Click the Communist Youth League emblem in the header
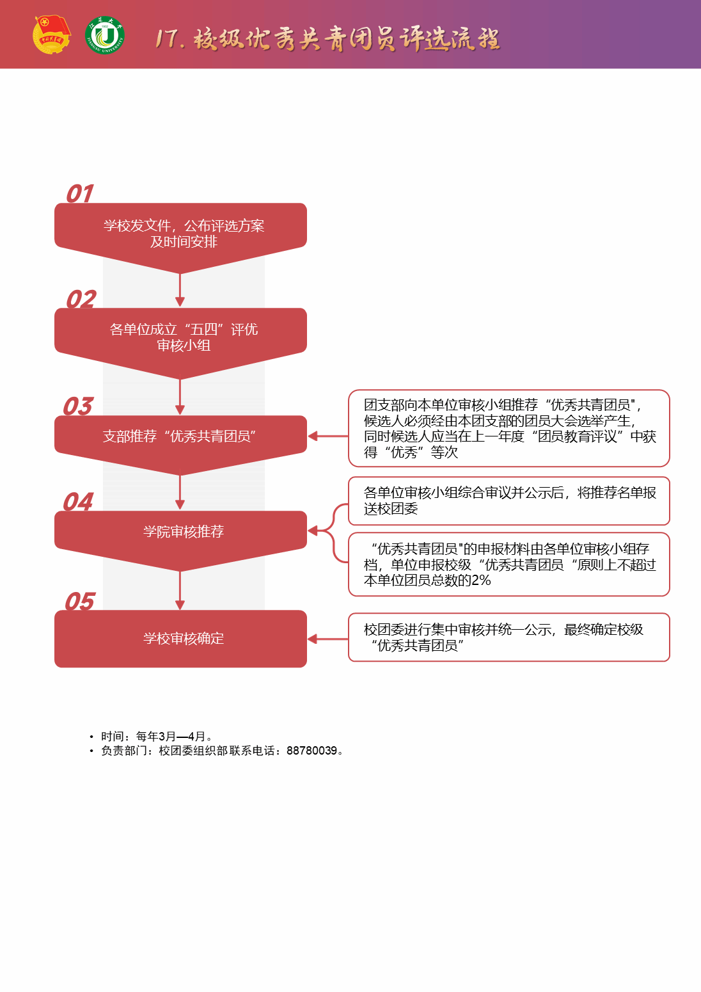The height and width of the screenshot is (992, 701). coord(51,35)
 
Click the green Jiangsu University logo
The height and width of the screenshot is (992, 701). coord(105,35)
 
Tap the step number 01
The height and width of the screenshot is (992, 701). coord(80,193)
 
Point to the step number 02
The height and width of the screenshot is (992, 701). coord(81,299)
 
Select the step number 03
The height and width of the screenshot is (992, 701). coord(78,406)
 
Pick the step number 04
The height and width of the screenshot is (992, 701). coord(78,501)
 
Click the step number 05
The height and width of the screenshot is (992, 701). coord(80,601)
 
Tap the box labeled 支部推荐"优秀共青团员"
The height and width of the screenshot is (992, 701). coord(180,437)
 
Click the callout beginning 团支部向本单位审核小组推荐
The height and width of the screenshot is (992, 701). coord(508,428)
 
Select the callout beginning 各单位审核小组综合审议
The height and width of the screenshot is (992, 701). coord(508,500)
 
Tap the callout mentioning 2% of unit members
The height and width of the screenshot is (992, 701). coord(508,564)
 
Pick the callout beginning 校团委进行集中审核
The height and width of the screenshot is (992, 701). coord(508,637)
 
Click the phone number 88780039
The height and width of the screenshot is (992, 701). coord(311,750)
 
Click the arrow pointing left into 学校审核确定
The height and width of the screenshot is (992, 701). coord(327,639)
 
